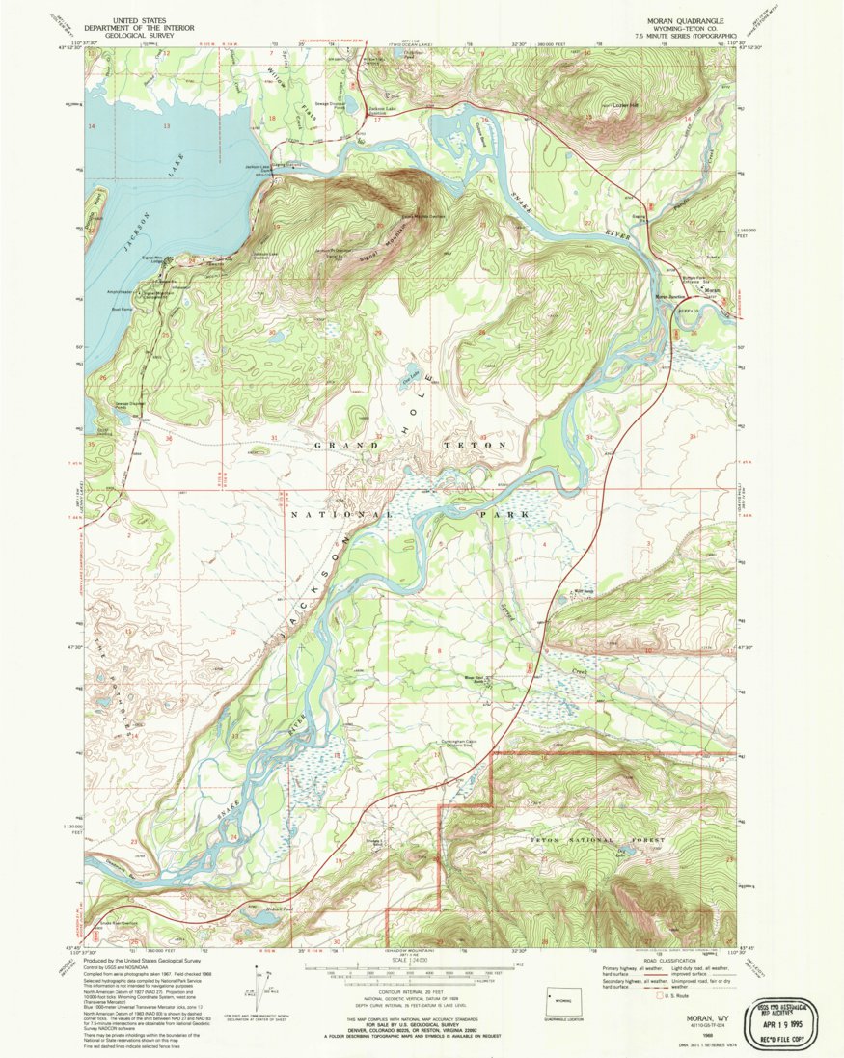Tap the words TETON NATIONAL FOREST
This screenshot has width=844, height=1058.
click(598, 841)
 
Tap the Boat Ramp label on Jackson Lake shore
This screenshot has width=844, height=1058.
click(122, 309)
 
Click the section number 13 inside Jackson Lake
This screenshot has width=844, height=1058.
click(166, 126)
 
